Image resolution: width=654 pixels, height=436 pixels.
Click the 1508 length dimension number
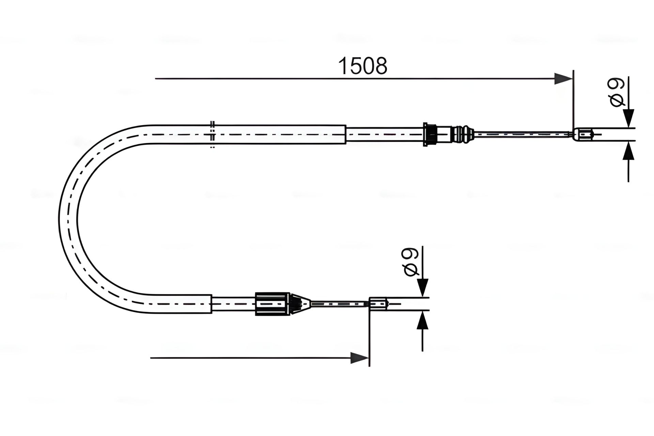[x=362, y=66]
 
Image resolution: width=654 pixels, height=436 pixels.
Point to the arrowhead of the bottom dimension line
[x=360, y=358]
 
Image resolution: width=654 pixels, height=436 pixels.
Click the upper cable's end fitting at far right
[x=584, y=135]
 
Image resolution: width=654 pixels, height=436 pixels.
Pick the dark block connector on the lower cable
[x=272, y=304]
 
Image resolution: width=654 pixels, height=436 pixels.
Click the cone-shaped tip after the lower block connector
[x=301, y=303]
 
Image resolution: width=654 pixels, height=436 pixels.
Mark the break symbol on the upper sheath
[x=213, y=135]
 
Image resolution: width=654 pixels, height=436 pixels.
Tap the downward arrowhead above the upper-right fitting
[x=628, y=119]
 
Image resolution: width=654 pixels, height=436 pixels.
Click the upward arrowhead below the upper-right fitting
[x=628, y=151]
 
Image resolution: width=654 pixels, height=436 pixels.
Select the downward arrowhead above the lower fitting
[x=422, y=288]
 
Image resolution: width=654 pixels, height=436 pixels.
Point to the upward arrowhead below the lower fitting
[x=422, y=320]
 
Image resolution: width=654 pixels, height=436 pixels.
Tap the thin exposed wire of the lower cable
[x=340, y=303]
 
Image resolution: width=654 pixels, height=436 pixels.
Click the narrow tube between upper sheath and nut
[x=385, y=135]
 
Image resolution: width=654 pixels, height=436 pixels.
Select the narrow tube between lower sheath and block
[x=234, y=303]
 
